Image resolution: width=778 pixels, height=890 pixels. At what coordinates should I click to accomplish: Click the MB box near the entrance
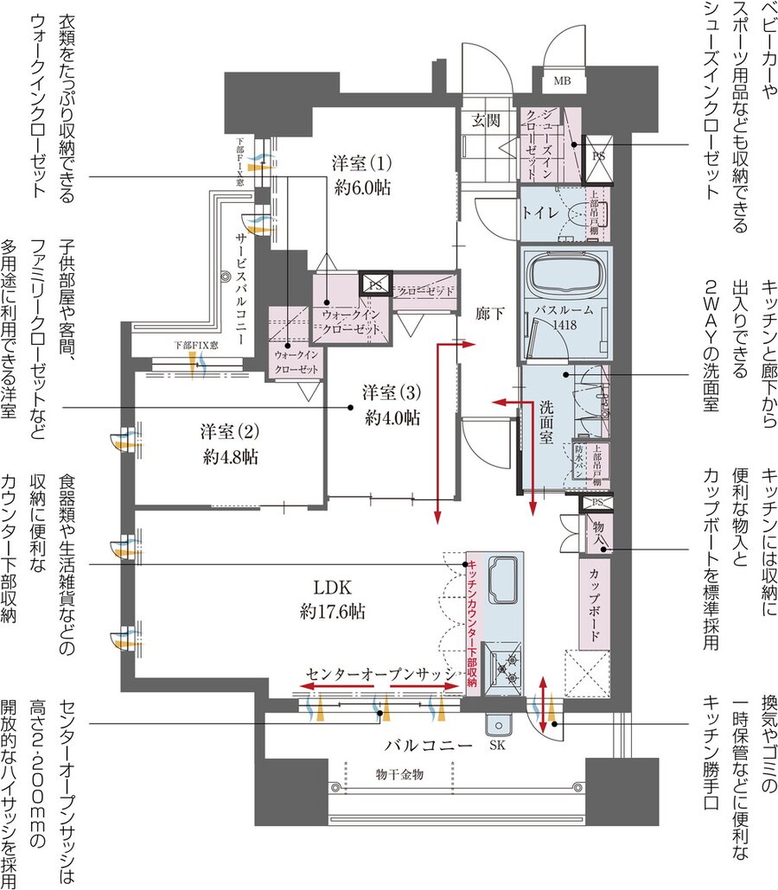562,82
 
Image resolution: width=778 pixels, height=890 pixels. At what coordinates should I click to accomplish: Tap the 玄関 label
486,121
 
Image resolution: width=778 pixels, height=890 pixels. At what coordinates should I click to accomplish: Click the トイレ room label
542,210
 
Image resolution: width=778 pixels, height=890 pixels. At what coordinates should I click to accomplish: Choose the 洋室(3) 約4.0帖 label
391,404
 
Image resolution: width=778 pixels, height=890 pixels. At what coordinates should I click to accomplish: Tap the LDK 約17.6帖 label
331,599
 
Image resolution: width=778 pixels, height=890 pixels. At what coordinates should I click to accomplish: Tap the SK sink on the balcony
497,730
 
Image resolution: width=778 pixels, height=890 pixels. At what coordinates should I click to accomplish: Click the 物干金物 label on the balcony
399,775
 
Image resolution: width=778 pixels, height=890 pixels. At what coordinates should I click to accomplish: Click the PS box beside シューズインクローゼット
598,155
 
